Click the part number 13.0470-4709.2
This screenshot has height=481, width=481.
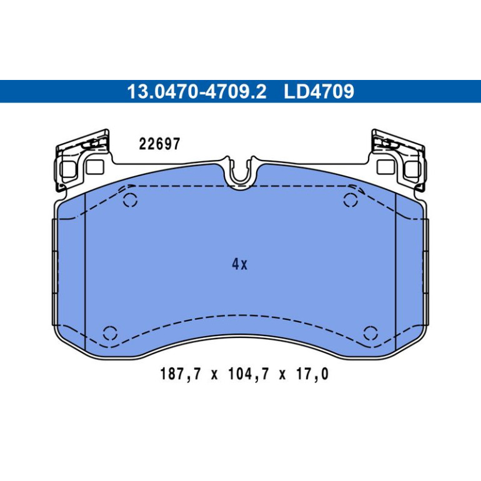pos(197,91)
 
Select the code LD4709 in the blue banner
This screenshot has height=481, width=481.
pos(319,91)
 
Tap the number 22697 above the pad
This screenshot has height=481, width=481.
pos(159,144)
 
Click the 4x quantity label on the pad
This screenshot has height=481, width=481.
pos(240,264)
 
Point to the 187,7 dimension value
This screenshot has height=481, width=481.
pos(181,374)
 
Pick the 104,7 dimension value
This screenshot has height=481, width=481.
pos(249,374)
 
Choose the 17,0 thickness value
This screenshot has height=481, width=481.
pos(312,374)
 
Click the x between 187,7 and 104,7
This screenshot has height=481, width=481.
pos(214,375)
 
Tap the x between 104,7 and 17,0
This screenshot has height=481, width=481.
pos(282,375)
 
